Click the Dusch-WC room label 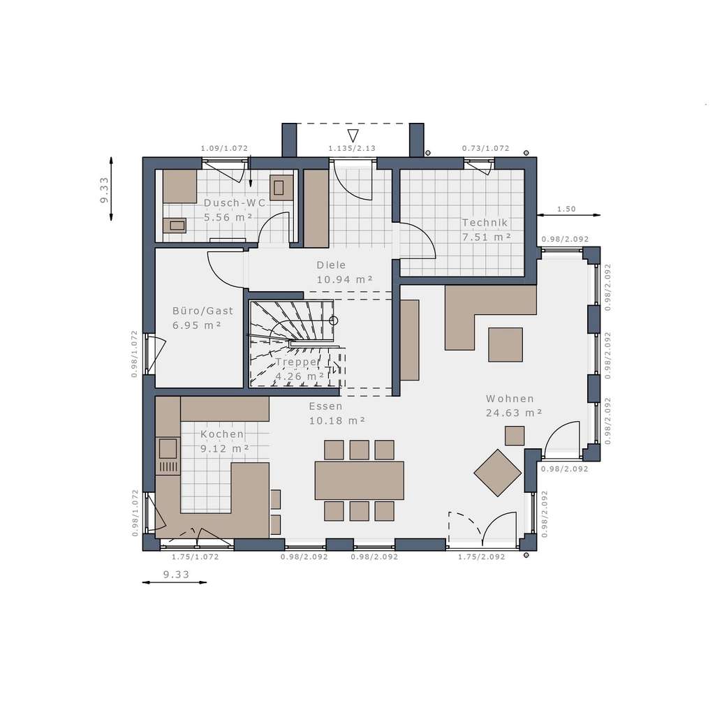point(235,202)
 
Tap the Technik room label point(484,223)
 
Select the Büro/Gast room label point(202,311)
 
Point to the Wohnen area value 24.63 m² point(514,413)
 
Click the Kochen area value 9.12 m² point(225,448)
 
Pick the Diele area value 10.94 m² point(344,279)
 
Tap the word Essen point(325,406)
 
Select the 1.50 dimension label point(566,209)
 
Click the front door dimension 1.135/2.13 point(352,148)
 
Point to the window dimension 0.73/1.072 point(485,148)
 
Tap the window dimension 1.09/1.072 point(224,148)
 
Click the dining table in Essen point(359,480)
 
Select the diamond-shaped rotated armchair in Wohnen point(498,473)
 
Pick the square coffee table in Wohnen point(506,344)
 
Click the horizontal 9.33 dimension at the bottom point(175,575)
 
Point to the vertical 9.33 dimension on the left point(104,190)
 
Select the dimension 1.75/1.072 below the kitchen point(195,556)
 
